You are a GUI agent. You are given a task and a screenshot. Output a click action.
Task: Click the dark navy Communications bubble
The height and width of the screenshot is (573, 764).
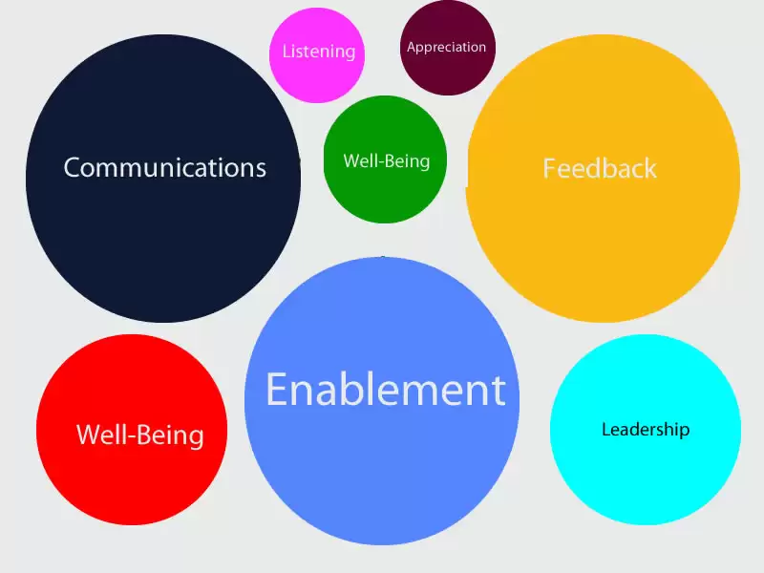pyautogui.click(x=163, y=179)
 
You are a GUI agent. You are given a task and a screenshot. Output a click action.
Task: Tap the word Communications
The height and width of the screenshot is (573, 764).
pyautogui.click(x=164, y=168)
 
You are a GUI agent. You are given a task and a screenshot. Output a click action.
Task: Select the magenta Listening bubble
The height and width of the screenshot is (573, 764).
pyautogui.click(x=317, y=55)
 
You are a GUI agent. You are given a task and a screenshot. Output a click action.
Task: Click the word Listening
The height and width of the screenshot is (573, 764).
pyautogui.click(x=319, y=52)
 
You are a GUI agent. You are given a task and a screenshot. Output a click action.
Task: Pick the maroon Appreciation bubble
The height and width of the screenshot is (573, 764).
pyautogui.click(x=447, y=48)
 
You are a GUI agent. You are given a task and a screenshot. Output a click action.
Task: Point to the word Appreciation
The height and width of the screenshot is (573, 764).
pyautogui.click(x=446, y=47)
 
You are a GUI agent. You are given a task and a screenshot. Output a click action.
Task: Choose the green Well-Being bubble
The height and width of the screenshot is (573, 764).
pyautogui.click(x=385, y=159)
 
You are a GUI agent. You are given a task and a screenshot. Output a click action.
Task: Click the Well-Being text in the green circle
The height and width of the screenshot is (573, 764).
pyautogui.click(x=387, y=160)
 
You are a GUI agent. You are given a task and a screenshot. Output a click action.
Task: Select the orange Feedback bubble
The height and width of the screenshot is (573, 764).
pyautogui.click(x=603, y=179)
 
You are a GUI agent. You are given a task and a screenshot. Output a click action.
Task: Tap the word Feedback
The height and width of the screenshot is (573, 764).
pyautogui.click(x=600, y=169)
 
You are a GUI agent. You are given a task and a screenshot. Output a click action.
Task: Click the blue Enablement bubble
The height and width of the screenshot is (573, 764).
pyautogui.click(x=382, y=400)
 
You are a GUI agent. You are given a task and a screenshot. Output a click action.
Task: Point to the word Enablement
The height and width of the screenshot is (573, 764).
pyautogui.click(x=386, y=390)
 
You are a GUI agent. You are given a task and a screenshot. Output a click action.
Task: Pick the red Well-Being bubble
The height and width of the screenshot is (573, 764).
pyautogui.click(x=132, y=430)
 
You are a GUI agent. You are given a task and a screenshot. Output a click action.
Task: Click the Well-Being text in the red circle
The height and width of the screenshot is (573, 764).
pyautogui.click(x=140, y=435)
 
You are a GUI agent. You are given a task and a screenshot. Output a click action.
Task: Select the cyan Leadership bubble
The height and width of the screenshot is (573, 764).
pyautogui.click(x=646, y=430)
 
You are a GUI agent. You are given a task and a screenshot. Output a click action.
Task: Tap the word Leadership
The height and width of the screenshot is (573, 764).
pyautogui.click(x=646, y=429)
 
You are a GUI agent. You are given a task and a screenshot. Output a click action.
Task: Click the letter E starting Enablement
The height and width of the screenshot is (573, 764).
pyautogui.click(x=277, y=390)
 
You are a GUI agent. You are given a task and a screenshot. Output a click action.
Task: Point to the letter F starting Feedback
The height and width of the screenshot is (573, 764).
pyautogui.click(x=550, y=169)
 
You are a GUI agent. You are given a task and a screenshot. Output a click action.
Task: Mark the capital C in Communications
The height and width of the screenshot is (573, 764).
pyautogui.click(x=73, y=168)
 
